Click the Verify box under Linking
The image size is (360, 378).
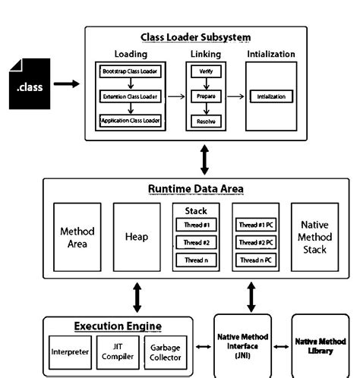pos(205,71)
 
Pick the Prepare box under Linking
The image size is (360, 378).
pos(205,96)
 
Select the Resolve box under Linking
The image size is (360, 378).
pos(205,121)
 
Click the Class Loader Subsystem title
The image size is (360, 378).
pos(196,37)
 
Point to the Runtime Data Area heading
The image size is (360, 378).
pos(194,188)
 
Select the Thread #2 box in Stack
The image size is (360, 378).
pos(195,242)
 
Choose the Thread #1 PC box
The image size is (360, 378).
pos(254,225)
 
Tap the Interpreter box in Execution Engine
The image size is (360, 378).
pos(70,351)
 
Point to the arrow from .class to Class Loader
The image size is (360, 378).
pos(67,84)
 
